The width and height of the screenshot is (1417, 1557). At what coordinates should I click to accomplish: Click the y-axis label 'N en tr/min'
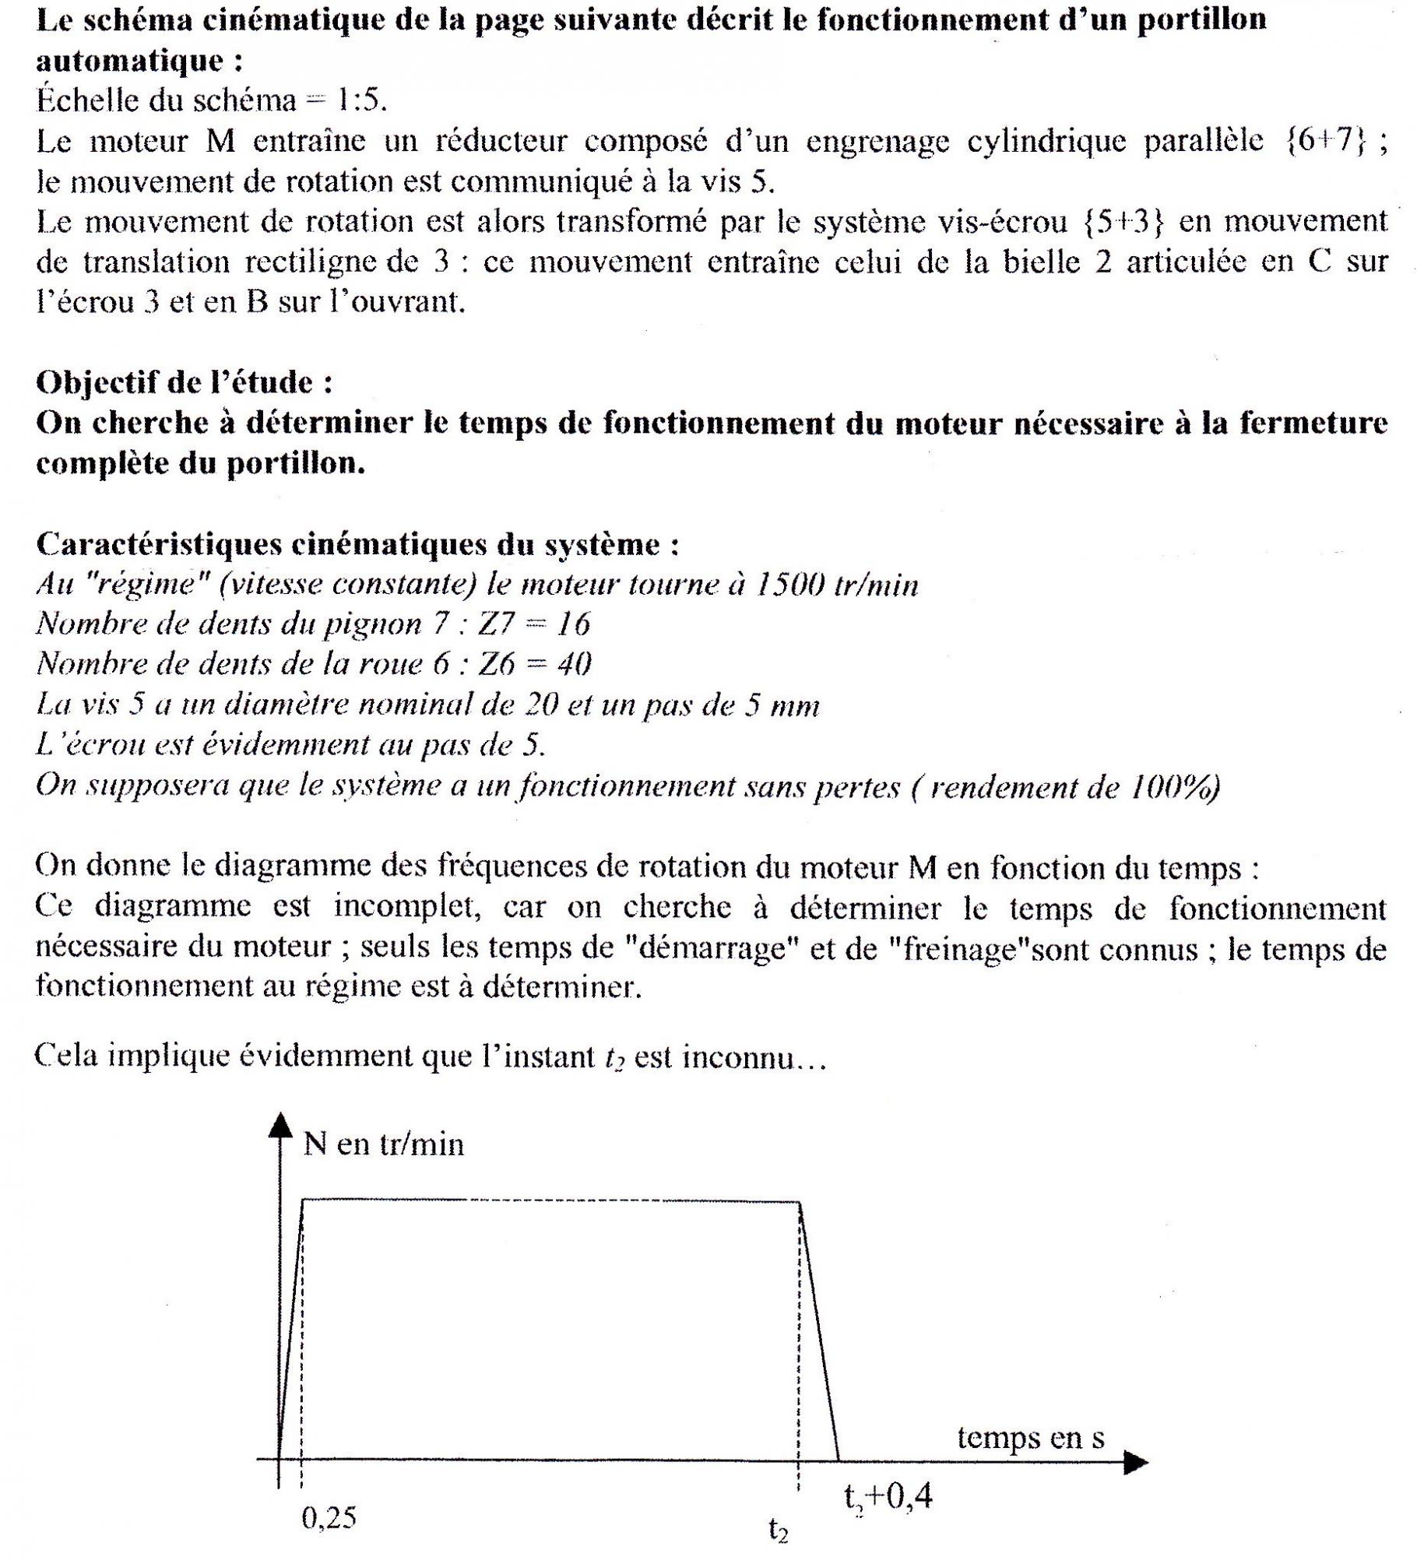click(383, 1144)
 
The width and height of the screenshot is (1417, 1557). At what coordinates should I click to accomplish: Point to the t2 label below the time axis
click(778, 1531)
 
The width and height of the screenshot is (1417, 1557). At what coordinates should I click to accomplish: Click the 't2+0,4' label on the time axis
click(888, 1495)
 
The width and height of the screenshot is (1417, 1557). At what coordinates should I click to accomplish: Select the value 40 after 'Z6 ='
click(575, 663)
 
